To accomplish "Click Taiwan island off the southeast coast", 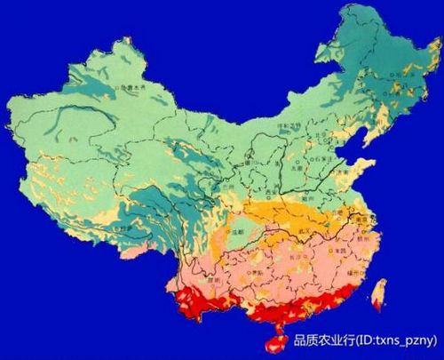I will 379,294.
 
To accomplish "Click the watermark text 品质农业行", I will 324,339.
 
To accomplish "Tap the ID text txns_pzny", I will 405,339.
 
